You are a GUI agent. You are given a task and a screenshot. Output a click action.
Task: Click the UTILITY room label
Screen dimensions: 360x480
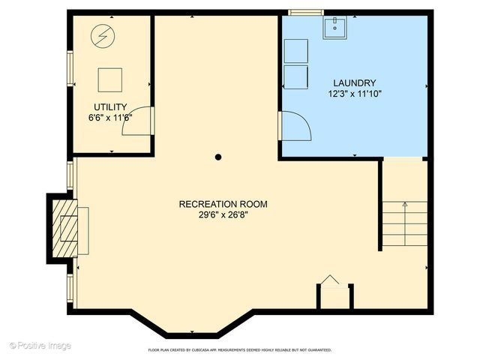point(110,106)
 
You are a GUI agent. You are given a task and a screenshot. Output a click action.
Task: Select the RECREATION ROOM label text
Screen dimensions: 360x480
point(223,203)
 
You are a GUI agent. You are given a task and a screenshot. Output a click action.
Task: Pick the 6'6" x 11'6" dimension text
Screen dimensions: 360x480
point(110,118)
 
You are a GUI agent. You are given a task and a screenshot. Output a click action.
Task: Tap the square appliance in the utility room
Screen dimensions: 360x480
point(110,79)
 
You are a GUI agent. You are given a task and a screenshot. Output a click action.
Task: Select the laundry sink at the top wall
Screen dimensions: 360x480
point(334,28)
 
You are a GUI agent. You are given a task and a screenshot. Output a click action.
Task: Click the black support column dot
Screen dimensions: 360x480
point(218,157)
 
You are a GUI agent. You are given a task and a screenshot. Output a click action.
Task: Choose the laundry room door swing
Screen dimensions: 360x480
point(294,124)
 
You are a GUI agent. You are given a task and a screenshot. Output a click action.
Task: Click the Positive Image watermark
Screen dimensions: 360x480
point(40,346)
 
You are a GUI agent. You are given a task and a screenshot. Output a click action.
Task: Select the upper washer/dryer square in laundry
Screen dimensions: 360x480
point(295,51)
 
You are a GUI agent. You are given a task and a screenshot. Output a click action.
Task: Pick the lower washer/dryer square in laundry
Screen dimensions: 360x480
point(295,77)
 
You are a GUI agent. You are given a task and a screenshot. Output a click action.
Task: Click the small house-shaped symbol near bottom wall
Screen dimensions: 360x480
point(330,280)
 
